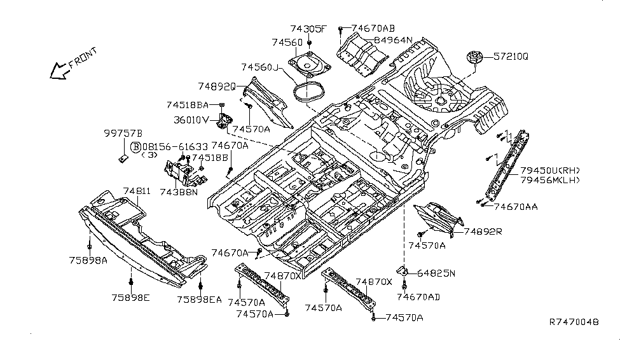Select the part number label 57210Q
click(513, 57)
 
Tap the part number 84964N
click(393, 40)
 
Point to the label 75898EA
click(199, 299)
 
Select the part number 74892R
click(483, 232)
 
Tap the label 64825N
click(436, 273)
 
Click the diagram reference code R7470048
click(574, 323)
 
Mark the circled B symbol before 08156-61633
click(135, 147)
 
